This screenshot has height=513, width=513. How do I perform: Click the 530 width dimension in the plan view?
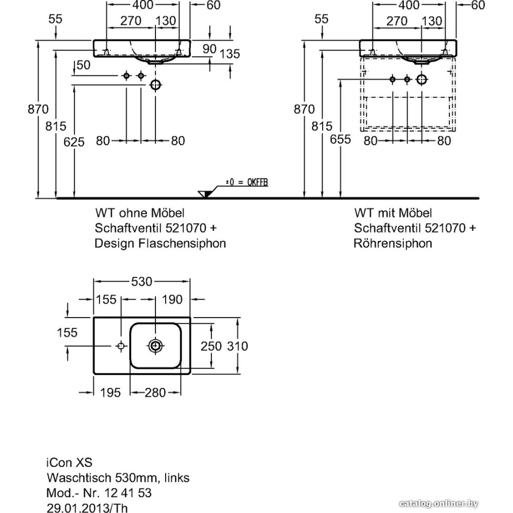[x=142, y=282]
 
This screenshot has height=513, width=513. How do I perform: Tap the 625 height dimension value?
[x=74, y=142]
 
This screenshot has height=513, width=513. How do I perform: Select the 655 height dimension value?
[x=341, y=139]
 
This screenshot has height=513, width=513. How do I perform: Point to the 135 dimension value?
[x=230, y=54]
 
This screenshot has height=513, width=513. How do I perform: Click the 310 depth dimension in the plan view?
[x=238, y=346]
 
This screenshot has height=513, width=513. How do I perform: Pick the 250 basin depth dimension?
[x=211, y=346]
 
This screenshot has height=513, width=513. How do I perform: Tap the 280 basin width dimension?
[x=155, y=392]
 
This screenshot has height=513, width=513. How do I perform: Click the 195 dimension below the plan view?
[x=110, y=392]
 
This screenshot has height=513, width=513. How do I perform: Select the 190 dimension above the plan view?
[x=172, y=299]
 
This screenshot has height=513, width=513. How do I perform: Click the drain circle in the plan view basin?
[x=155, y=346]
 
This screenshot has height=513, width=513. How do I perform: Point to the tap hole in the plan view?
[x=121, y=346]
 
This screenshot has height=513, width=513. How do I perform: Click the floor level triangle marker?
[x=204, y=193]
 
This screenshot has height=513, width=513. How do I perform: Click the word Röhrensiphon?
[x=392, y=243]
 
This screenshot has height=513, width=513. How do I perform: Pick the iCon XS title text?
[x=70, y=462]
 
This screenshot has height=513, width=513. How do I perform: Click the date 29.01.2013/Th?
[x=87, y=508]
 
